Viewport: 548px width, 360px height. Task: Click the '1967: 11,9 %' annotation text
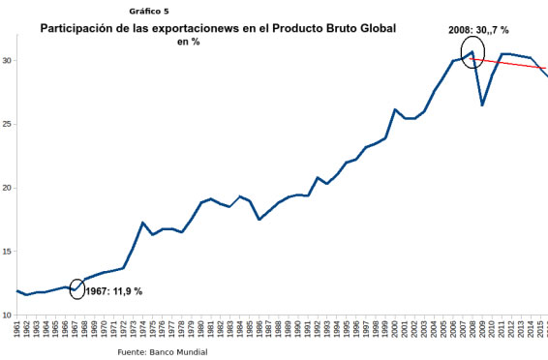pos(114,291)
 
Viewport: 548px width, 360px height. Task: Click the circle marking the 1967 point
pos(77,288)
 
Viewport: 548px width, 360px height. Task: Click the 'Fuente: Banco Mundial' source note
pos(162,351)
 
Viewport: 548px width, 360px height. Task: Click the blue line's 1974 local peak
pos(142,223)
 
